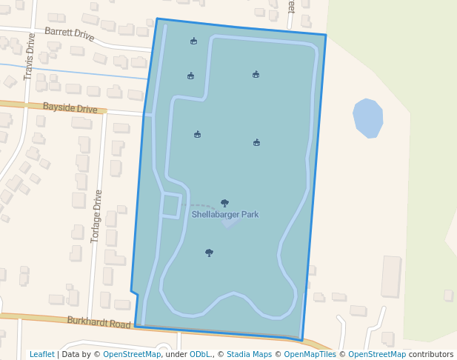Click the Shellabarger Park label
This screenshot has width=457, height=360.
coord(225,215)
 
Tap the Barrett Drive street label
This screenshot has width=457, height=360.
coord(70,34)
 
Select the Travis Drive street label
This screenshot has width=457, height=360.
coord(30,56)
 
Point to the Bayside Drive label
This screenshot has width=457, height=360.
coord(70,108)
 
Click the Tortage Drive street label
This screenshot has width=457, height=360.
coord(96,216)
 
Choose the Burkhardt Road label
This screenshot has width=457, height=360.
coord(99,322)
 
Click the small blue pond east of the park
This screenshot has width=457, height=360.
coord(367,118)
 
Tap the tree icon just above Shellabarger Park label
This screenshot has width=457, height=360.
coord(224,203)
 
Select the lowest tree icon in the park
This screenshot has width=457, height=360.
coord(209,253)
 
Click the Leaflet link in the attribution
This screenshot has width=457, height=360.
coord(42,355)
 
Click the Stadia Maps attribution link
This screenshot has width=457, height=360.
coord(249,355)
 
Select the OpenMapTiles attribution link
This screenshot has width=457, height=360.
coord(310,355)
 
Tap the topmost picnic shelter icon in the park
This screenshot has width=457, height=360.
coord(193,41)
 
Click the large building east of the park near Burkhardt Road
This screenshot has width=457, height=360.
coord(390,276)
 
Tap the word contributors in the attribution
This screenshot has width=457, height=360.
coord(431,355)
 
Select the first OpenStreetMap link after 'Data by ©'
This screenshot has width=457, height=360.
coord(132,355)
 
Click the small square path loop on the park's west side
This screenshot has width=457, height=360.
coord(171,206)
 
